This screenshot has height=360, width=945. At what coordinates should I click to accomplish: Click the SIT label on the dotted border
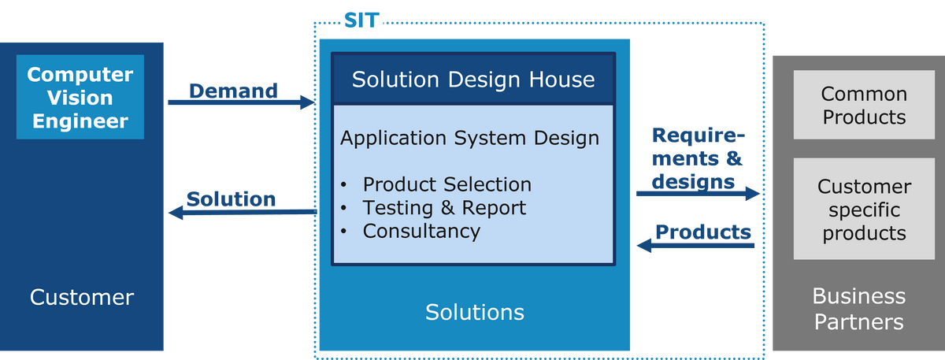pyautogui.click(x=361, y=20)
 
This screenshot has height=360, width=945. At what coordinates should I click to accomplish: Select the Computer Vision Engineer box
pyautogui.click(x=80, y=97)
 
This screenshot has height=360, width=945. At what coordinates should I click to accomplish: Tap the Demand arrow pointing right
pyautogui.click(x=241, y=102)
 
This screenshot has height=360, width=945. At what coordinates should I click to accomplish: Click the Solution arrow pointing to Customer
pyautogui.click(x=243, y=212)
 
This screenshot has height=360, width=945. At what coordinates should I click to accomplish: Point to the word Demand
pyautogui.click(x=233, y=91)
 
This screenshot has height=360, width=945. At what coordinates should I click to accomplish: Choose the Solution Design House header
pyautogui.click(x=473, y=80)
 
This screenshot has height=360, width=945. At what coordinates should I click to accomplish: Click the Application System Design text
pyautogui.click(x=469, y=138)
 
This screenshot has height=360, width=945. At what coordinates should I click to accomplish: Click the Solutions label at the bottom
pyautogui.click(x=475, y=312)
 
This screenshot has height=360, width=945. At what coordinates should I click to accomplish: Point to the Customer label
pyautogui.click(x=82, y=297)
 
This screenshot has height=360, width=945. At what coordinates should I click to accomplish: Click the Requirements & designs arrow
pyautogui.click(x=699, y=193)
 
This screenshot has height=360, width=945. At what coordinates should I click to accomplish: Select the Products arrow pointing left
pyautogui.click(x=695, y=246)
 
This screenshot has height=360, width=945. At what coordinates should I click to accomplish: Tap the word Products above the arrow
pyautogui.click(x=703, y=232)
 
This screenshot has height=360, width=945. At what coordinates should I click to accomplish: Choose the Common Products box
pyautogui.click(x=864, y=105)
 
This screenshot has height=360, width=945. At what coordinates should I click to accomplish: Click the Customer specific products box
pyautogui.click(x=864, y=209)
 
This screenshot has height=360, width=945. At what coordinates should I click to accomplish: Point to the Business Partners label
pyautogui.click(x=859, y=309)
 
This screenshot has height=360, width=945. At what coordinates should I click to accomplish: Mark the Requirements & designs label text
pyautogui.click(x=699, y=158)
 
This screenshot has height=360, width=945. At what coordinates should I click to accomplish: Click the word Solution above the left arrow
pyautogui.click(x=232, y=199)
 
